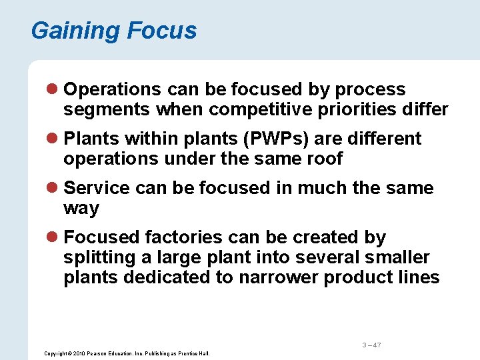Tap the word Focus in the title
(162, 31)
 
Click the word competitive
(263, 109)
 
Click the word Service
(97, 188)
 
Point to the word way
(81, 209)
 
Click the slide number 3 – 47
(371, 345)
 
